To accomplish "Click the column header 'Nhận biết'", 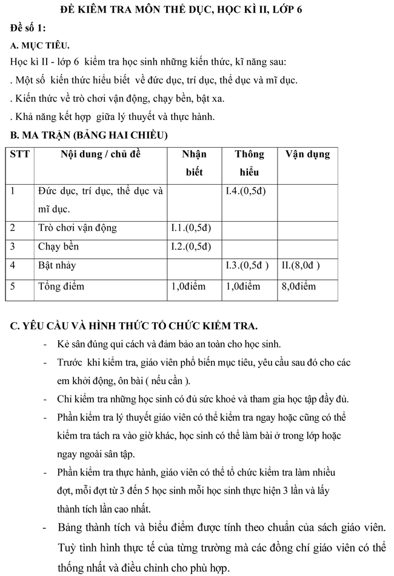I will click(194, 163).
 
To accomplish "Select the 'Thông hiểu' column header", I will click(249, 163).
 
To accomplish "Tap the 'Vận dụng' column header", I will click(307, 154).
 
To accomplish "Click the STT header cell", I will click(20, 154).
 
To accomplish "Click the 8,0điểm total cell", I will click(298, 286).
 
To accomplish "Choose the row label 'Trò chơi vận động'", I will click(77, 228).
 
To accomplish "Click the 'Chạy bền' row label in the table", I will click(58, 247).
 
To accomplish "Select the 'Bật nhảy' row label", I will click(57, 265).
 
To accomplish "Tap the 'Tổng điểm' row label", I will click(61, 286).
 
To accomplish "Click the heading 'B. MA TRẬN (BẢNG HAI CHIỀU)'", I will click(89, 134).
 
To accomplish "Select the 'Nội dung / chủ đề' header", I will click(100, 154).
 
